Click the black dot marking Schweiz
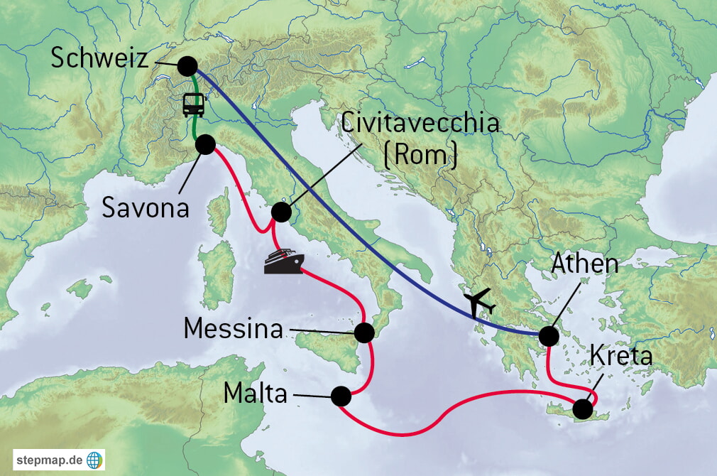(x=187, y=66)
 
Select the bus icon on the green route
(x=194, y=104)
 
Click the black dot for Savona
(x=204, y=145)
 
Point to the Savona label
(x=146, y=207)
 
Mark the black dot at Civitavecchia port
(x=281, y=212)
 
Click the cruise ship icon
(x=283, y=261)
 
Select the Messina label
(x=233, y=329)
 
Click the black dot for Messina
(x=363, y=332)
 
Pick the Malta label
(x=256, y=393)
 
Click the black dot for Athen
(x=548, y=336)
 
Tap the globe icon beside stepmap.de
(x=94, y=459)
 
